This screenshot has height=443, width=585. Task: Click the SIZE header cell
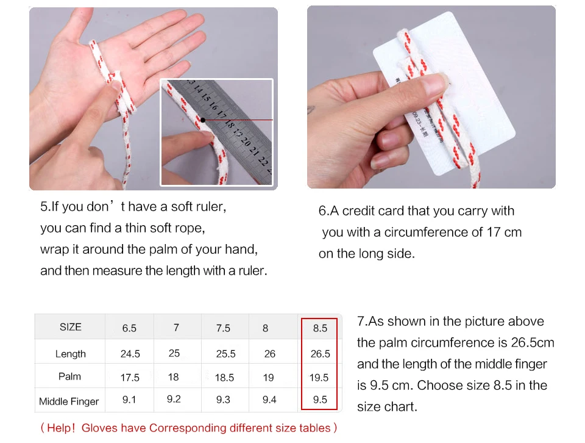71,327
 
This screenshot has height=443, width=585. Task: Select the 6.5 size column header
129,328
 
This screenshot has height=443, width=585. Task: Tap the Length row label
71,354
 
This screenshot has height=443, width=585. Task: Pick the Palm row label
69,376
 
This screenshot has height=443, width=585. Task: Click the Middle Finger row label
69,402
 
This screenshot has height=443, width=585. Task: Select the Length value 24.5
130,354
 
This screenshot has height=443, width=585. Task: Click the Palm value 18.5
224,378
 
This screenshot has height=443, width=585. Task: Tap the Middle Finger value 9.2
174,399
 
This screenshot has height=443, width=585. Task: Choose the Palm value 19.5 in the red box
319,378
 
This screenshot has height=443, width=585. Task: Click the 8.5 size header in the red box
320,328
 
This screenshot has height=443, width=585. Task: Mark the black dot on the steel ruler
202,120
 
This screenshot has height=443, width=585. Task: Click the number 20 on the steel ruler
245,142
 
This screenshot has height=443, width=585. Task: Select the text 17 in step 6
493,232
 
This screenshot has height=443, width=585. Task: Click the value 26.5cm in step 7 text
533,342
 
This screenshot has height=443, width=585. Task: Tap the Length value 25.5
225,354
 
